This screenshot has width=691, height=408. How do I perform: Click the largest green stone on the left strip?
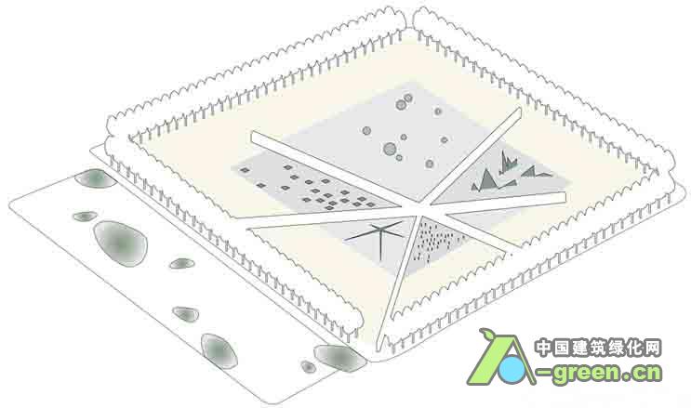click(120, 243)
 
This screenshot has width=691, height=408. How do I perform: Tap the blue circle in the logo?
click(512, 369)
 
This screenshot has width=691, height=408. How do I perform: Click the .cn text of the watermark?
click(641, 374)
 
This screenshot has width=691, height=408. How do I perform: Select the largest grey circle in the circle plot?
click(390, 149)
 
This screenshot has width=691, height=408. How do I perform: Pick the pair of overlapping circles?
click(404, 102)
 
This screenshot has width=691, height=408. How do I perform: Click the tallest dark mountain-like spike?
click(504, 162)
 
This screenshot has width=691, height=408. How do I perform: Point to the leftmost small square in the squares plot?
click(245, 170)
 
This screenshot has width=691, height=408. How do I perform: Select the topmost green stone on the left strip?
click(95, 178)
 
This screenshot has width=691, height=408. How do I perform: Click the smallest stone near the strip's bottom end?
click(308, 366)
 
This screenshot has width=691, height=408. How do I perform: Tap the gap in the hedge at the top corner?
click(409, 20)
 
